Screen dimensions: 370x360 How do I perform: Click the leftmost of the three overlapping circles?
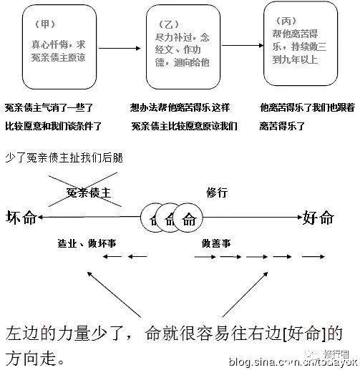click(154, 219)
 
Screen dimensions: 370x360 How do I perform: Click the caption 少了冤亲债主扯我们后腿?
click(64, 157)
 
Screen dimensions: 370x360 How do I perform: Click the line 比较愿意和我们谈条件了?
click(54, 126)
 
